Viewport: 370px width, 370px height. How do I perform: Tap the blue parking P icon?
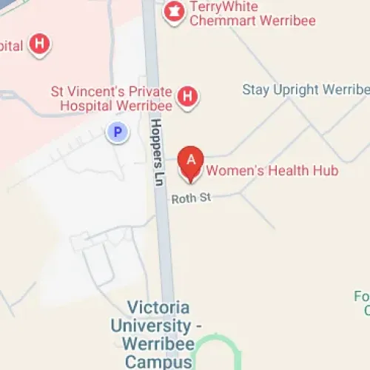coord(117,133)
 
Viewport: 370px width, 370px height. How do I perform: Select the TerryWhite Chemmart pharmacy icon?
coord(174,10)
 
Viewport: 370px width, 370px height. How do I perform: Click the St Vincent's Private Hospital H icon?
coord(189,96)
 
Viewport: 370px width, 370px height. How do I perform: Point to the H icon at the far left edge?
coord(39,45)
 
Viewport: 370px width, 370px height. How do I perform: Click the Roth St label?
coord(186,198)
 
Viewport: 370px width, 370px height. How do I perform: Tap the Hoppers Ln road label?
coord(156,144)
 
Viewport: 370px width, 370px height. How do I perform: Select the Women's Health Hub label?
coord(272,171)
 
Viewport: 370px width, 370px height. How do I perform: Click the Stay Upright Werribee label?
coord(306,90)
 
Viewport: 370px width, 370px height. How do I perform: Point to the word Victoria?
coord(158,307)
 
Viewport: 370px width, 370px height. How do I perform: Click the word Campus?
coord(158,362)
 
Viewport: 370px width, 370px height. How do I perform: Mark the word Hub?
coord(325,171)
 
